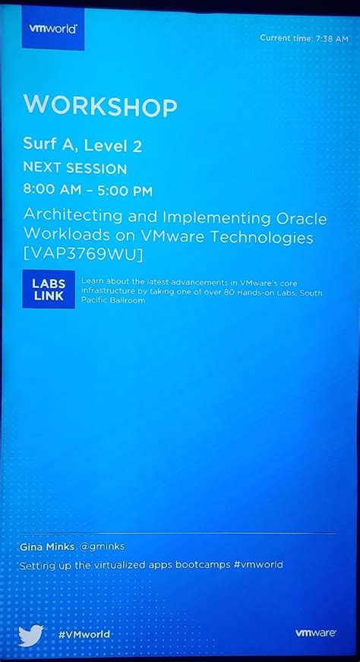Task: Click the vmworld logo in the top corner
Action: pyautogui.click(x=53, y=28)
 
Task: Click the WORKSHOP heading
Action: pyautogui.click(x=100, y=106)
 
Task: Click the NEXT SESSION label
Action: pyautogui.click(x=75, y=168)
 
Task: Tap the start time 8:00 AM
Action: pyautogui.click(x=53, y=191)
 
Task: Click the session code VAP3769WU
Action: pyautogui.click(x=83, y=254)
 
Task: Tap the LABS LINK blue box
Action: pyautogui.click(x=49, y=289)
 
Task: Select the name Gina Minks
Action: pyautogui.click(x=46, y=546)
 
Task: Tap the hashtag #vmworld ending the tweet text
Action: pyautogui.click(x=258, y=565)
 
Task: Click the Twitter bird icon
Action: pyautogui.click(x=31, y=634)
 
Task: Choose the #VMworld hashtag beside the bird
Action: pyautogui.click(x=84, y=634)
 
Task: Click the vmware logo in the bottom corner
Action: pyautogui.click(x=315, y=632)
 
